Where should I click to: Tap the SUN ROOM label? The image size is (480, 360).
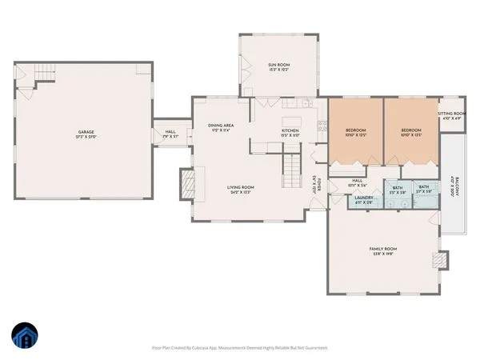(x=277, y=66)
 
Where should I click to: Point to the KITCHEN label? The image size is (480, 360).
(x=290, y=132)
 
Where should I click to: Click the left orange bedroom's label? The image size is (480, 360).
(x=355, y=131)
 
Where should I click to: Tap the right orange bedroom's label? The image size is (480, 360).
(x=411, y=131)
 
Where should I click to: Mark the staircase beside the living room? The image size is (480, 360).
(x=293, y=170)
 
